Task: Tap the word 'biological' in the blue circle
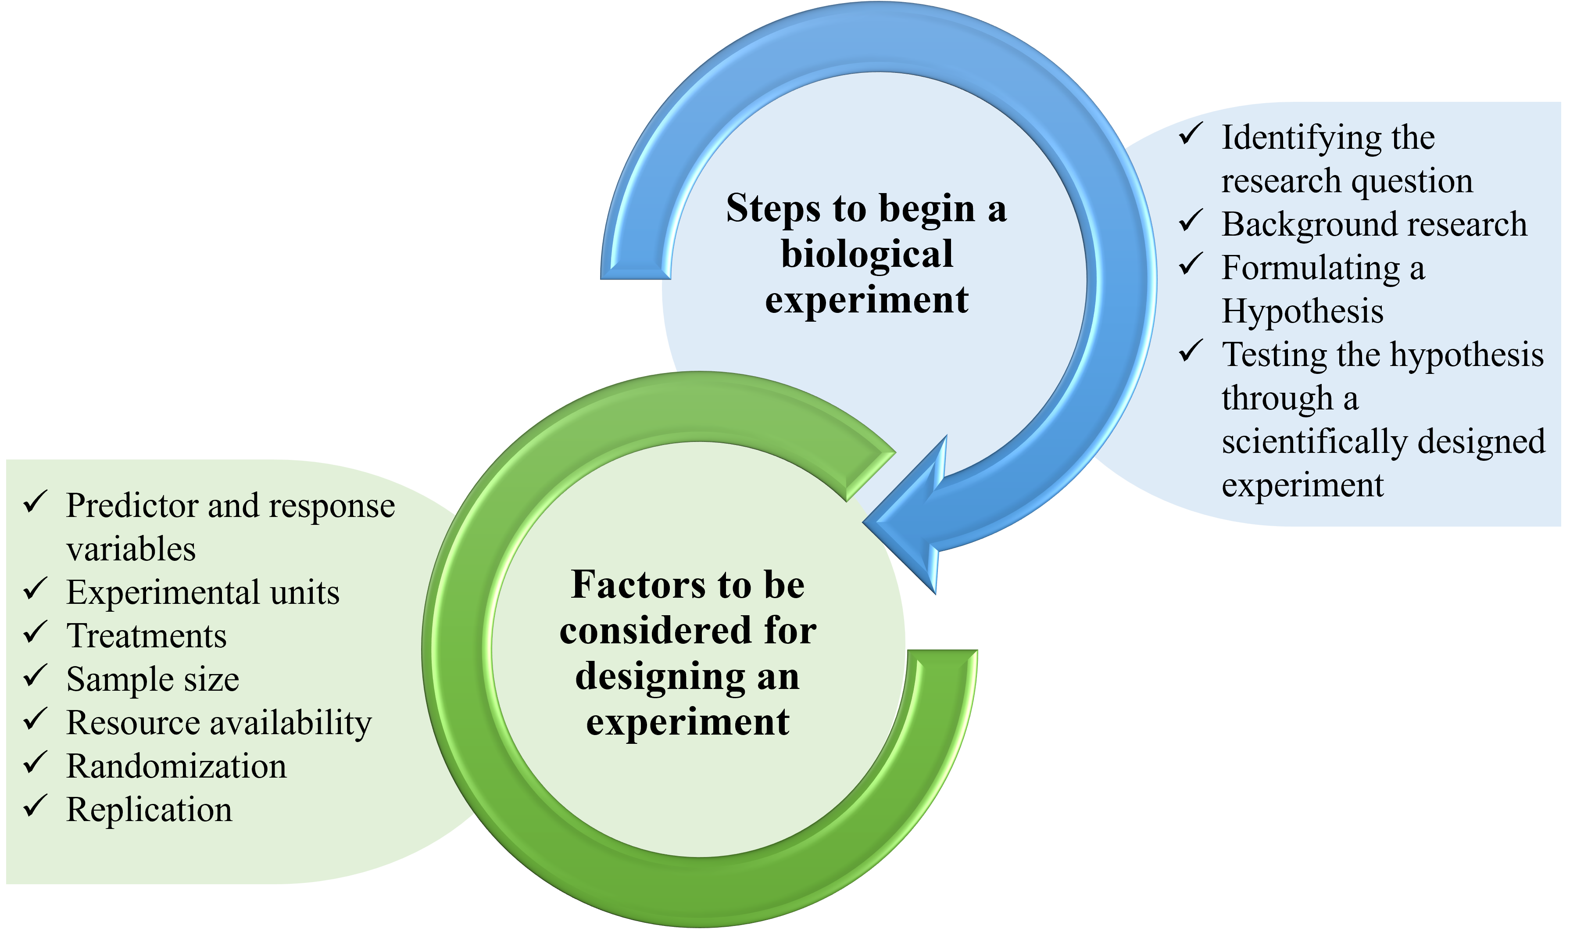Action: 867,255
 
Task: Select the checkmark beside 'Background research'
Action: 1190,222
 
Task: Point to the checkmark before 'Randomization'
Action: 35,763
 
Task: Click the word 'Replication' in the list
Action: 149,810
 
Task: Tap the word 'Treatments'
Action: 147,636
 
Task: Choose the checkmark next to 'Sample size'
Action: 35,676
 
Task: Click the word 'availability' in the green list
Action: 291,724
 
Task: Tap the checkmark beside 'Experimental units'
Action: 35,589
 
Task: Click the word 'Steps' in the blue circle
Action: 773,210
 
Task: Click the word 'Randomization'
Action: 176,766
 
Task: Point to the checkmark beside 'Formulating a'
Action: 1190,264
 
